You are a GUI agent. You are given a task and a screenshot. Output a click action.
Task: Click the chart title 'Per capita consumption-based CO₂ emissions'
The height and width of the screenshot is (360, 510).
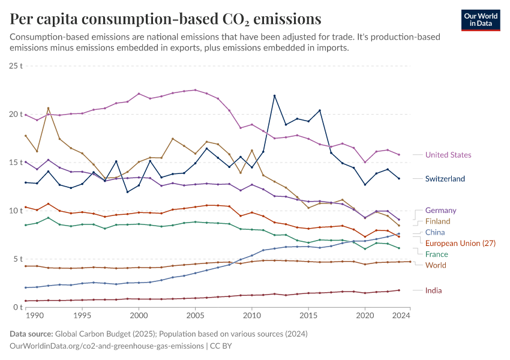[x=165, y=19]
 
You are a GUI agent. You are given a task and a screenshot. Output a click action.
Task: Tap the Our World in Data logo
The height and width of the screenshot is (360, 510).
[x=481, y=20]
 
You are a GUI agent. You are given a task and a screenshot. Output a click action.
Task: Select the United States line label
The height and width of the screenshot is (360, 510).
[x=448, y=155]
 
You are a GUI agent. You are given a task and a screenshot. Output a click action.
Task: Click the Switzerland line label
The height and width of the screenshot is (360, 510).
[x=445, y=179]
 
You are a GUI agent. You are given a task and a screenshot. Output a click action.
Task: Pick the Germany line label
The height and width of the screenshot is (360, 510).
[x=440, y=211]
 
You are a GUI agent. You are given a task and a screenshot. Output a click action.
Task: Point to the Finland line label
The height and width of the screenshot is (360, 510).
[x=437, y=221]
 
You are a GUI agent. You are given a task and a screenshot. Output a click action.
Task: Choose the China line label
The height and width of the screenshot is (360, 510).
[x=435, y=232]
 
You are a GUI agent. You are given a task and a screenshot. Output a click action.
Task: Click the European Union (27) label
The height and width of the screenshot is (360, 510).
[x=461, y=243]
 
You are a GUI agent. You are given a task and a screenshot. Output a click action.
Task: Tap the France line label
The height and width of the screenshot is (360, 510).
[x=436, y=254]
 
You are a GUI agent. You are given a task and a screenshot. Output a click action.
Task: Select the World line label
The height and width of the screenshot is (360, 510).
[x=436, y=265]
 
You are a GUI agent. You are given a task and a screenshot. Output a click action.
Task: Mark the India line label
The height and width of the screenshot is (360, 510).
[x=433, y=290]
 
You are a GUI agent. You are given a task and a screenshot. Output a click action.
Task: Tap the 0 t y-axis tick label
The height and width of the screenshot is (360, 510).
[x=17, y=307]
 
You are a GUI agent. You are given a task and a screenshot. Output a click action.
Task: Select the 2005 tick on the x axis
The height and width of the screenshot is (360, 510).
[x=195, y=314]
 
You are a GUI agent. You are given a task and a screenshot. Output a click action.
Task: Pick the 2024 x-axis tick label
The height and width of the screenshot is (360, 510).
[x=401, y=314]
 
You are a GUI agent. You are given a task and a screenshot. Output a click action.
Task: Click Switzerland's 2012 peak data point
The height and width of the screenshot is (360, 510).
[x=274, y=96]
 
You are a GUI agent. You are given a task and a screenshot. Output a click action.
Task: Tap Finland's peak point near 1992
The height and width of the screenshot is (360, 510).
[x=48, y=108]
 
